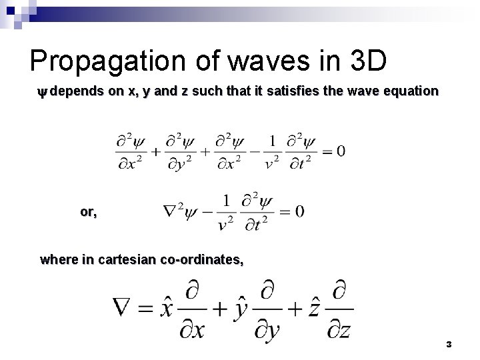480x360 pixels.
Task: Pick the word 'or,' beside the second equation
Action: [88, 211]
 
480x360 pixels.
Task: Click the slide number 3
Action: [449, 344]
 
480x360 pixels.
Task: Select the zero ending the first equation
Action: [341, 151]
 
